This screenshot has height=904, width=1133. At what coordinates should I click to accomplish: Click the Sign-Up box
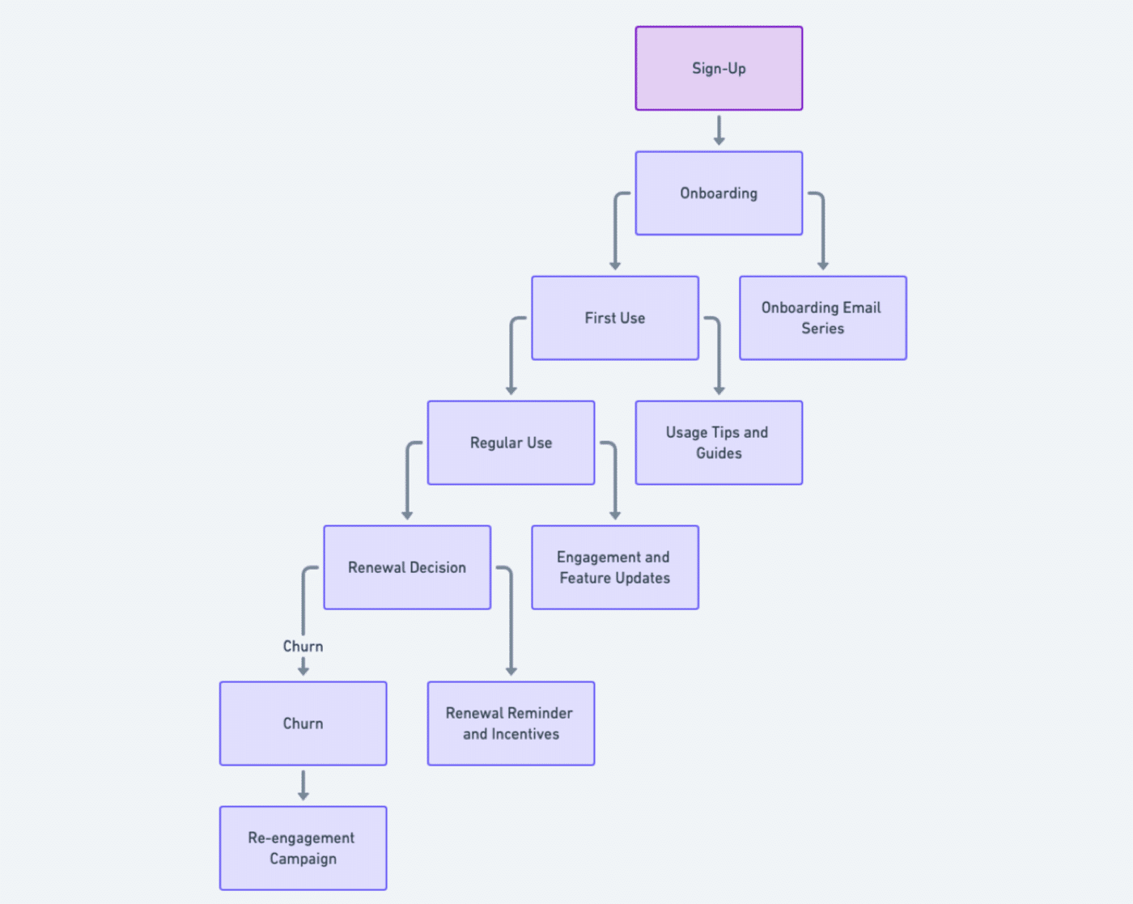coord(719,68)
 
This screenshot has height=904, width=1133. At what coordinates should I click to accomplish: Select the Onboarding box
coord(719,193)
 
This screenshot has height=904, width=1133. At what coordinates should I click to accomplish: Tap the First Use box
coord(615,318)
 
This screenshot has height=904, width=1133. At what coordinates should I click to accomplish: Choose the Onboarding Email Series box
coord(822,318)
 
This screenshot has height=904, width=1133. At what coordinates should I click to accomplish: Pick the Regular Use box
coord(511,443)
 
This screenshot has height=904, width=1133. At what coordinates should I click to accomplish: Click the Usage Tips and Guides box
coord(719,443)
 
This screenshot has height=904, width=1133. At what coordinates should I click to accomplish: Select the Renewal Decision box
coord(407,567)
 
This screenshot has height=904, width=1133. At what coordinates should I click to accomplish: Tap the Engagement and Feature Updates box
coord(615,567)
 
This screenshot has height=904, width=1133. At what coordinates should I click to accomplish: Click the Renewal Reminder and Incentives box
coord(511,724)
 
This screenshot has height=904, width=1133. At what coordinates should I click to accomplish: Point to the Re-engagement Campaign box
coord(303,848)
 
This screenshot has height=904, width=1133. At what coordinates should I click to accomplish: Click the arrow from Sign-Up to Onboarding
coord(719,130)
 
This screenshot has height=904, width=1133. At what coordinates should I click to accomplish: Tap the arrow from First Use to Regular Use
coord(511,356)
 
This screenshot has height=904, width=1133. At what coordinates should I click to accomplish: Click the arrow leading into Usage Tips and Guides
coord(719,356)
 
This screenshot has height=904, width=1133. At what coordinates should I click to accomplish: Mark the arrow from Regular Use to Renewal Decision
coord(408,481)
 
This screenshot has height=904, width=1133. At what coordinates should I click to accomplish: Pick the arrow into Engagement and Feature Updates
coord(615,481)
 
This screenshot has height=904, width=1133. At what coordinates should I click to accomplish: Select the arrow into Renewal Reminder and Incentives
coord(511,623)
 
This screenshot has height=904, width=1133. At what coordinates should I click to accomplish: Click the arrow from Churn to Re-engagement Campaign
coord(303,785)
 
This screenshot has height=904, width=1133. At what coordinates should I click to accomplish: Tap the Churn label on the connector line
coord(303,646)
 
